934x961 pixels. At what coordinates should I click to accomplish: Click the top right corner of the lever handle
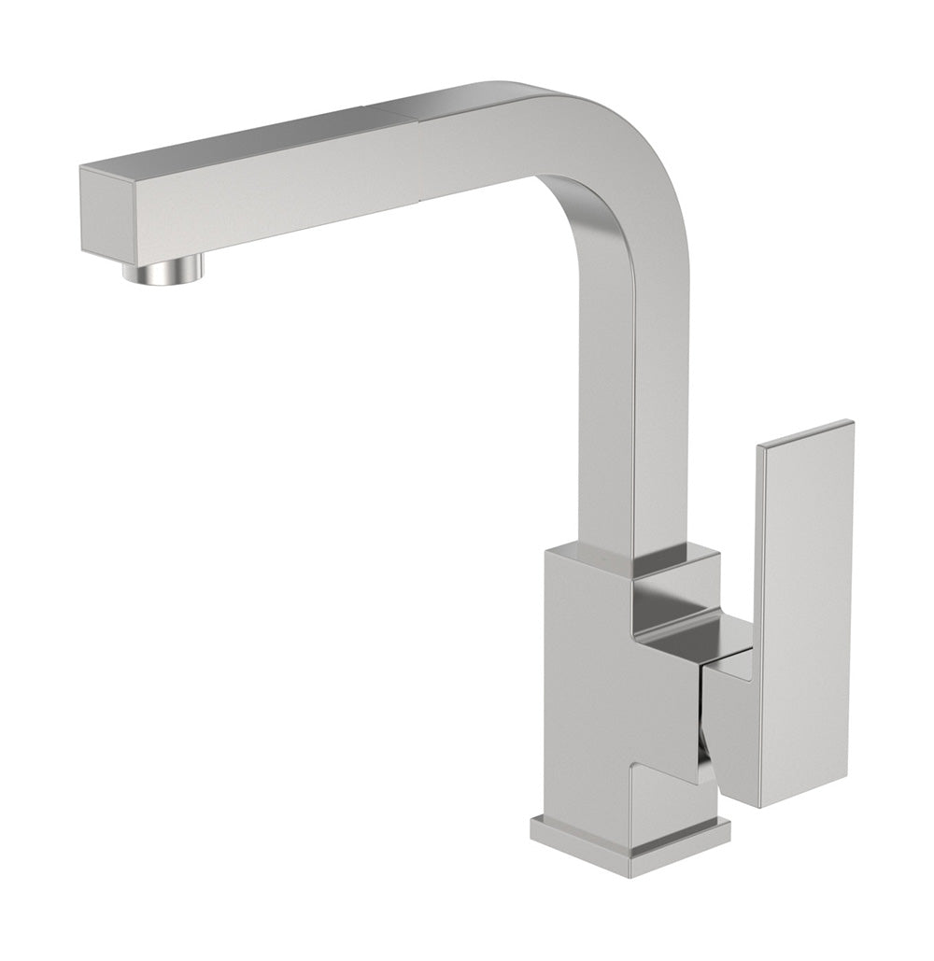[851, 423]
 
